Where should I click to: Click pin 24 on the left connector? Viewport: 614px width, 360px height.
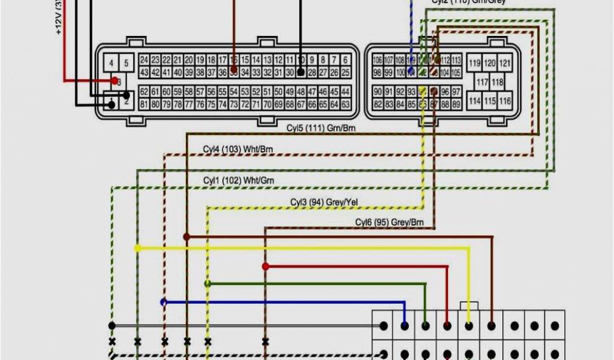tap(144, 60)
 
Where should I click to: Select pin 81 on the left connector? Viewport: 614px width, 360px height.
tap(144, 104)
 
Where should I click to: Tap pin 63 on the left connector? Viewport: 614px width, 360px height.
tap(346, 104)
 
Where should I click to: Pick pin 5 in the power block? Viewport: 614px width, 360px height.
tap(126, 62)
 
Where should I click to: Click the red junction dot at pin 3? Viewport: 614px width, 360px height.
tap(114, 80)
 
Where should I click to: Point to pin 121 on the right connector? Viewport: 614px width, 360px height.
tap(505, 63)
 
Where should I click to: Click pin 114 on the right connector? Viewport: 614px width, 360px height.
tap(475, 101)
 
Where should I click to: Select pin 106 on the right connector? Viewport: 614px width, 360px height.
tap(378, 60)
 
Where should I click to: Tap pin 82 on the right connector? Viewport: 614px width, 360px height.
tap(378, 104)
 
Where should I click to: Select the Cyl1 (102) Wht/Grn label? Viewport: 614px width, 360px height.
tap(239, 180)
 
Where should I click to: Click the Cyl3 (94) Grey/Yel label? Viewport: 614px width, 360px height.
tap(324, 202)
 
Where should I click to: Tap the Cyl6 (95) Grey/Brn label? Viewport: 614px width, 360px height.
tap(389, 223)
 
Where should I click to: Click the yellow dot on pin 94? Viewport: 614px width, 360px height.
tap(422, 91)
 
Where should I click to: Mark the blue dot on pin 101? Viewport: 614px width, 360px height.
tap(411, 72)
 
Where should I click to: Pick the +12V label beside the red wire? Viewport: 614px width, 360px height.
tap(59, 18)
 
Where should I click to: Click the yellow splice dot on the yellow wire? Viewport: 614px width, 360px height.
tap(137, 248)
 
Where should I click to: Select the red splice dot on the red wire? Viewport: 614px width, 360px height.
tap(265, 266)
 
